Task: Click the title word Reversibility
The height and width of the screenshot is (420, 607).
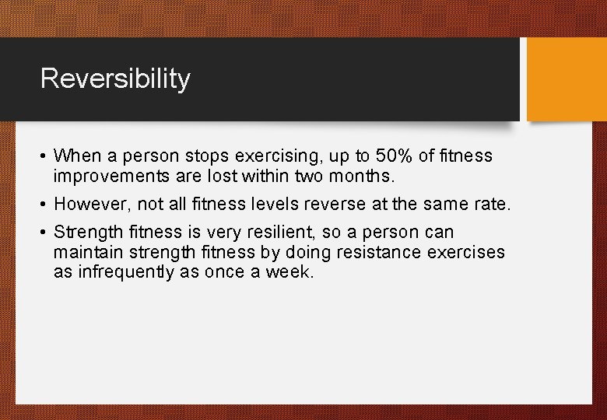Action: [x=115, y=79]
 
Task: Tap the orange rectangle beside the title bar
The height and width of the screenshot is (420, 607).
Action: [x=566, y=79]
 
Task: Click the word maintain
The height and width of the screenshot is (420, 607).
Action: [x=82, y=253]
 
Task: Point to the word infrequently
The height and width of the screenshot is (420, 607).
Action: [x=127, y=272]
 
